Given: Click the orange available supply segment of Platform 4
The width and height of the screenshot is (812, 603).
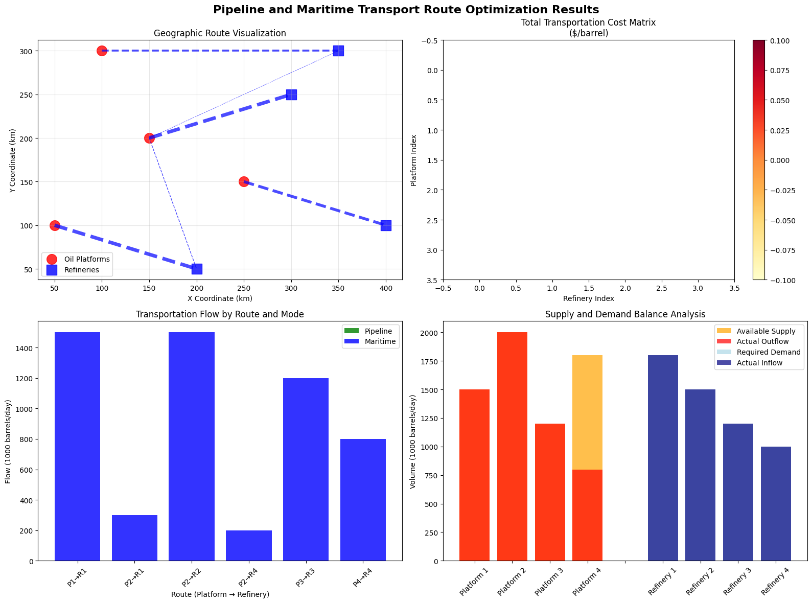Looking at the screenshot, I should click(587, 412).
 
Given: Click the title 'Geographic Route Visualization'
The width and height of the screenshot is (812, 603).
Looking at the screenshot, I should click(220, 33).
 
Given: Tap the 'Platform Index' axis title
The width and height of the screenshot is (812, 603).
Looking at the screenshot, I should click(413, 160).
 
